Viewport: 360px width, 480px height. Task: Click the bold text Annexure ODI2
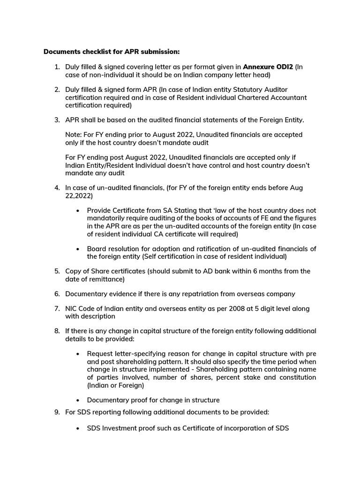[268, 67]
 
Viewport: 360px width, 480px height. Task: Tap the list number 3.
[57, 120]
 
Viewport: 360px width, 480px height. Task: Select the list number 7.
[57, 308]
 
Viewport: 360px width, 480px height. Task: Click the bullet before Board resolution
[77, 249]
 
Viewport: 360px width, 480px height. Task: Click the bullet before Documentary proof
[77, 400]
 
